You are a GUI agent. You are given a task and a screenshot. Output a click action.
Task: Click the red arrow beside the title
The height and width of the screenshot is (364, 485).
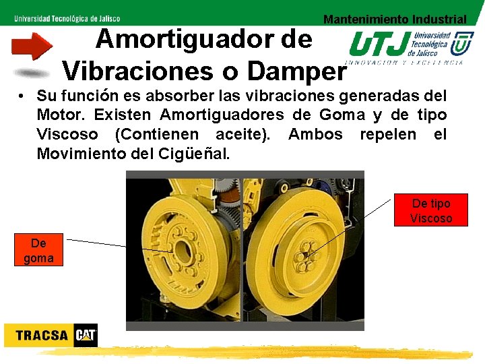tap(32, 46)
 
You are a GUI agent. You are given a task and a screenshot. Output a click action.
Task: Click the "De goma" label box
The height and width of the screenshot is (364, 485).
tap(38, 250)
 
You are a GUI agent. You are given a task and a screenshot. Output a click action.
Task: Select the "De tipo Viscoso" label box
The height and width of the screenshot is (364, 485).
tap(430, 210)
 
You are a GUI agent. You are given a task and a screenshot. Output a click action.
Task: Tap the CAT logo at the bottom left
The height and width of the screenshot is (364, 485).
tap(86, 335)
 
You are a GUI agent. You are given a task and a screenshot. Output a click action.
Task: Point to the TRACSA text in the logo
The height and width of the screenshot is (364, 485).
tap(41, 336)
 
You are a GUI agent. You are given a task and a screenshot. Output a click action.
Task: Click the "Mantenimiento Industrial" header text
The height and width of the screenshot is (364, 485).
tap(394, 20)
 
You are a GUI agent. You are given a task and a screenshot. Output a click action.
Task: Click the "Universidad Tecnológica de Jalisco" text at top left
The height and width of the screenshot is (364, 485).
tap(67, 18)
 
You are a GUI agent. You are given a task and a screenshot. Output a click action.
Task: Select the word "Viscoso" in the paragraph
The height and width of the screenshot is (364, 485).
tap(67, 134)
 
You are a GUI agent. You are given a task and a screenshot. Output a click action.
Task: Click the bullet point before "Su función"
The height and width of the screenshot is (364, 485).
tap(22, 96)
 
